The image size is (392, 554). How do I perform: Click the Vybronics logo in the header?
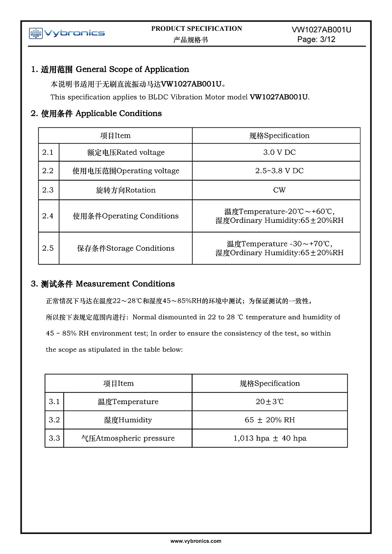point(67,33)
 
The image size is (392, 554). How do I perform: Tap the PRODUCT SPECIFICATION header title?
point(196,28)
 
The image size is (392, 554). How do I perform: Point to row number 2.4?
point(48,216)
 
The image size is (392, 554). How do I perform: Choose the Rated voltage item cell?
point(126,152)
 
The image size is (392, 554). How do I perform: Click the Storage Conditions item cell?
point(126,248)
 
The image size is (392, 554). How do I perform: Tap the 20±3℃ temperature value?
point(269,402)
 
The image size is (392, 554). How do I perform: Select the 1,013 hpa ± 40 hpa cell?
point(269,438)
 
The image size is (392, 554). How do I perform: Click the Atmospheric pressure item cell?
point(128,438)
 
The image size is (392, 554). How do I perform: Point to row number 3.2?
point(54,420)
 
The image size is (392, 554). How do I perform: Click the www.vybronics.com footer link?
point(196,541)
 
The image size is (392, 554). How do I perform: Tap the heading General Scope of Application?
point(110,70)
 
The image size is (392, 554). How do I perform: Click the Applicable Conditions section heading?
point(96,114)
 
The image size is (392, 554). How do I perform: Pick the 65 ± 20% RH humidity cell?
point(269,420)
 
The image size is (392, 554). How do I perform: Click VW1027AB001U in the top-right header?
point(321,30)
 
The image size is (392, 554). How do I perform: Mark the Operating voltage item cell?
point(126,171)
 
